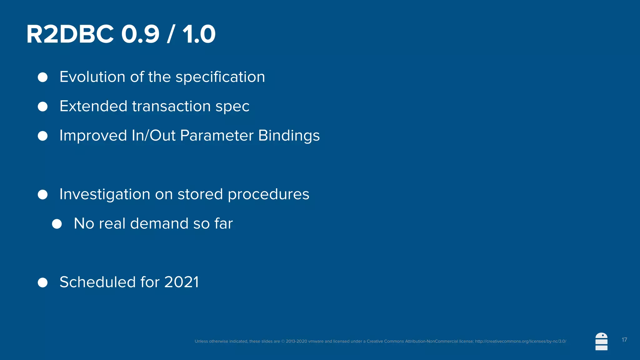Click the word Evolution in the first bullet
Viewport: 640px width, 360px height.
click(x=92, y=77)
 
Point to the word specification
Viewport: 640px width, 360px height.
click(x=220, y=77)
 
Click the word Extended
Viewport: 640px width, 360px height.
click(x=93, y=106)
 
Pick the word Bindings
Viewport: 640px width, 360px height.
click(x=289, y=136)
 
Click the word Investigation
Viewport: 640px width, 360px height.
click(x=105, y=194)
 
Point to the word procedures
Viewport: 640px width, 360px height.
click(x=268, y=194)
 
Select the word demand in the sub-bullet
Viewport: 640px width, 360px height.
click(x=159, y=224)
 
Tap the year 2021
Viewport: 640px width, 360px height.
click(x=182, y=282)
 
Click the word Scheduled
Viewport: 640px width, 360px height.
click(x=97, y=282)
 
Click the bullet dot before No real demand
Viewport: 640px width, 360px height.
click(x=57, y=224)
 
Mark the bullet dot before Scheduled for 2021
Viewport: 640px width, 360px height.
click(x=42, y=282)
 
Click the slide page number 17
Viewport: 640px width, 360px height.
click(x=624, y=340)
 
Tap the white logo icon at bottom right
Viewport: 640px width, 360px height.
click(x=601, y=342)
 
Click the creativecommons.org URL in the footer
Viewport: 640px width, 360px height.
click(x=521, y=341)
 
